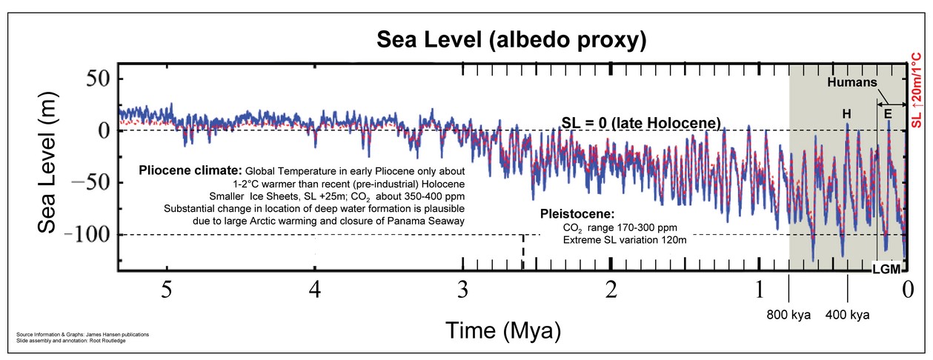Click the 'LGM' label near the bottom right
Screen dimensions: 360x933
(886, 270)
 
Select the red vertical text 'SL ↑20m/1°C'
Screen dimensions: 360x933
(923, 89)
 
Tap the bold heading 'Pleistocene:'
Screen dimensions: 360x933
(576, 213)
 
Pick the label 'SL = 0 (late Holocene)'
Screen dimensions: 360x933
(640, 121)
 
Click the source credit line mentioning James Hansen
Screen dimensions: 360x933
(82, 335)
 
